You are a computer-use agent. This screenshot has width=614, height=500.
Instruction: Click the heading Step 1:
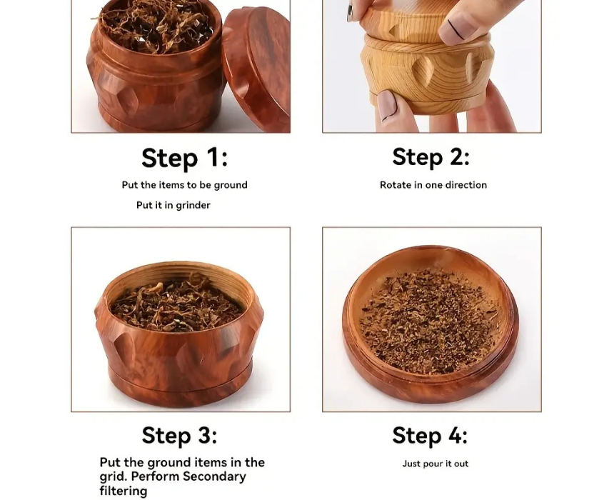pos(184,158)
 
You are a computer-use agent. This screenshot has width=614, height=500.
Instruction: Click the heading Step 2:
pos(431,157)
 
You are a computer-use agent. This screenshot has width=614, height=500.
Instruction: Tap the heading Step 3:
pos(179,435)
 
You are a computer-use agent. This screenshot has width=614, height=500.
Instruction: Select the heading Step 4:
pos(430,435)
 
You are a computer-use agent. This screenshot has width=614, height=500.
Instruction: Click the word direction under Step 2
pos(466,185)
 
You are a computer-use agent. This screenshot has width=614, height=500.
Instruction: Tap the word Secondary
pos(214,477)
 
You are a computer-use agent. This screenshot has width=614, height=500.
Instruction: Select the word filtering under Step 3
pos(124,491)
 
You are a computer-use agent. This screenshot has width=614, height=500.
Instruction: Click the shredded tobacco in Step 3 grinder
pos(177,304)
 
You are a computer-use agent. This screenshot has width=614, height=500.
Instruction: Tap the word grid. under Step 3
pos(113,477)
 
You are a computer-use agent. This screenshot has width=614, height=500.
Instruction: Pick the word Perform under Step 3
pos(155,476)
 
